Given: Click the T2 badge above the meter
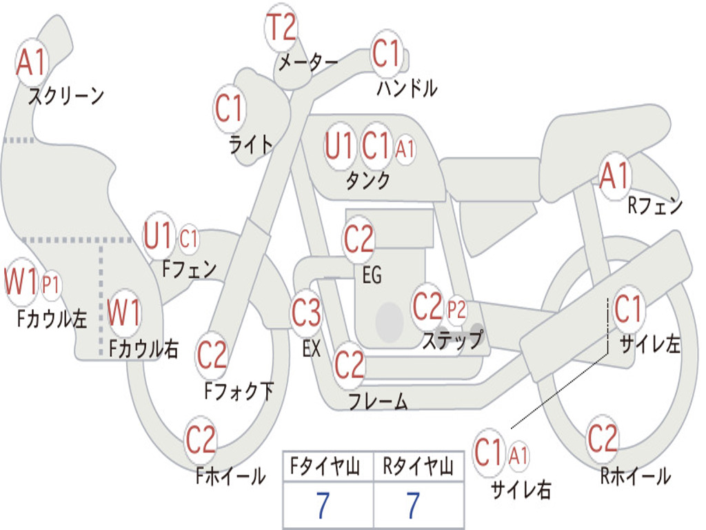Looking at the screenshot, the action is [281, 28].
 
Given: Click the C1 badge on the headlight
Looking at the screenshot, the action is [230, 108].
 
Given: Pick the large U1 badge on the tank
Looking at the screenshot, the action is [339, 146].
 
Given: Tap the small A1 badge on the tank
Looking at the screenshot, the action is [405, 148].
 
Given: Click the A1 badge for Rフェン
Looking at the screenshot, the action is [614, 177].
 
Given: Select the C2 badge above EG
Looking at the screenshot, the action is [359, 239].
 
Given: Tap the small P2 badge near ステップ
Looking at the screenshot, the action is [456, 309].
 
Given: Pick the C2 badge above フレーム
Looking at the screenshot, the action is [349, 364].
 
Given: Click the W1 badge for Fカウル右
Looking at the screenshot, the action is [125, 313].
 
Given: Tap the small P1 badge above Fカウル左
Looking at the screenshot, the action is [51, 284].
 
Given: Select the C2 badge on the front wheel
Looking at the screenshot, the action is [201, 440].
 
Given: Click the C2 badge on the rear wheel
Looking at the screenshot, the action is [602, 438].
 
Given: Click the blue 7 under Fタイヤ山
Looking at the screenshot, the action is [322, 507].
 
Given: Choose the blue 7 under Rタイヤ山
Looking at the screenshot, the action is [413, 507].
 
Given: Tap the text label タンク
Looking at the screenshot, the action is [367, 181].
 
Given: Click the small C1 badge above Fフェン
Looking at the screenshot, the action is [188, 239].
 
